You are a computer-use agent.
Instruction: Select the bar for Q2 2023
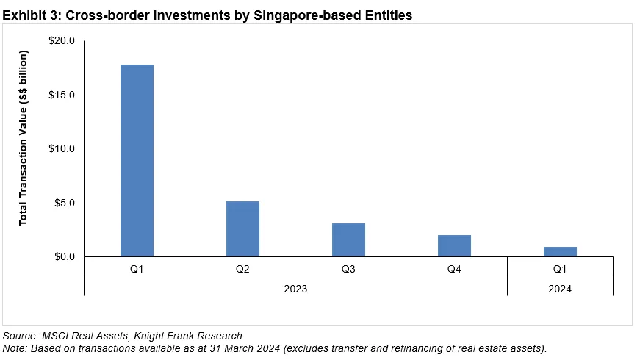[242, 228]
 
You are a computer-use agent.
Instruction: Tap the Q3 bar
[348, 240]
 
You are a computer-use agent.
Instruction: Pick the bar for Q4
[454, 245]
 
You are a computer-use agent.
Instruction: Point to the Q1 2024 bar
[560, 251]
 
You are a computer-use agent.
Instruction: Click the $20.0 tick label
[62, 41]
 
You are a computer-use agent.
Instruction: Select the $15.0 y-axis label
[62, 95]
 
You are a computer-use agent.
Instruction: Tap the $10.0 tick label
[62, 148]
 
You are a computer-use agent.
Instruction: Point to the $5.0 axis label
[65, 203]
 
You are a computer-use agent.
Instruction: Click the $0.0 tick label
[65, 256]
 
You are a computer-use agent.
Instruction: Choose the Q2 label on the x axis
[242, 270]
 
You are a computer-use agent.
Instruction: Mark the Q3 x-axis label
[348, 270]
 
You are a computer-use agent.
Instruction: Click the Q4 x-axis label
[454, 270]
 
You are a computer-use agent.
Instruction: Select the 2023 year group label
[295, 289]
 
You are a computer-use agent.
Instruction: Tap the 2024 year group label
[560, 289]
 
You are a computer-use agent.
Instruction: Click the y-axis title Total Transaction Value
[24, 138]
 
